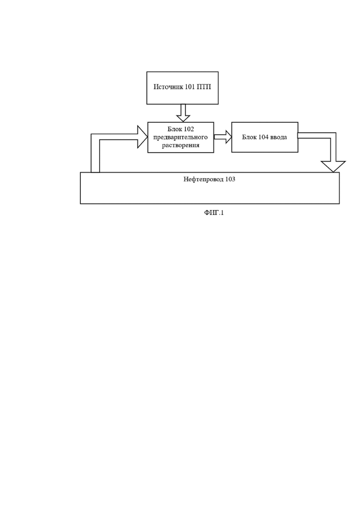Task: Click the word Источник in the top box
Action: click(x=166, y=87)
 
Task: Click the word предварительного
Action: click(x=180, y=138)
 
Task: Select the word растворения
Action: click(x=180, y=145)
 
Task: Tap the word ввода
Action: click(x=279, y=138)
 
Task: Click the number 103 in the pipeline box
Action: click(x=230, y=179)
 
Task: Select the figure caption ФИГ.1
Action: click(x=214, y=213)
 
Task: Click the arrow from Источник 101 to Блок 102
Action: click(x=183, y=113)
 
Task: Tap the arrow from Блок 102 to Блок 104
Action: click(x=222, y=137)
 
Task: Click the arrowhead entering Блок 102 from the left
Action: click(x=143, y=137)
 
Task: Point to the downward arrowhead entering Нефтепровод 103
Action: click(x=333, y=167)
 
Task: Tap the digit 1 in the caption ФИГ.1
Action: click(x=222, y=213)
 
